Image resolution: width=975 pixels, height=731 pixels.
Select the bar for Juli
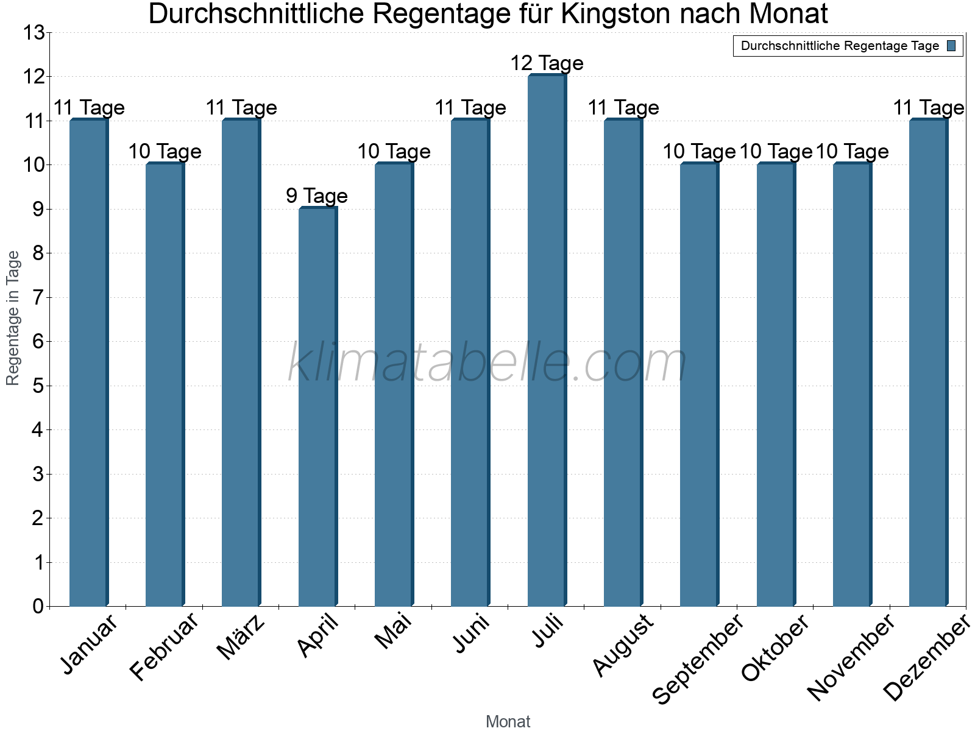tap(547, 341)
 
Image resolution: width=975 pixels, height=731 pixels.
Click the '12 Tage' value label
tap(547, 63)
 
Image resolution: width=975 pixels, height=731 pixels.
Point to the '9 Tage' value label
tap(317, 196)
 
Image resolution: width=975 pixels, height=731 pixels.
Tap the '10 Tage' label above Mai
tap(394, 152)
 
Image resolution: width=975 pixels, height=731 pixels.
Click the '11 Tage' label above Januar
tap(89, 108)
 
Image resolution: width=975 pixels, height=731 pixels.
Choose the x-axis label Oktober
tap(775, 648)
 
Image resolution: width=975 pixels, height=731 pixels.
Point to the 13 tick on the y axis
tap(34, 33)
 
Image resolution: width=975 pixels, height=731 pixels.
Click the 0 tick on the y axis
tap(38, 607)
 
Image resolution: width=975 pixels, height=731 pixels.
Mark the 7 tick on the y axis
tap(38, 298)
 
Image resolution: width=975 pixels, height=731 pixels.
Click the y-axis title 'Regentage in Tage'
tap(13, 318)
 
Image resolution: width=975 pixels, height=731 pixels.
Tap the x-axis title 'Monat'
tap(508, 722)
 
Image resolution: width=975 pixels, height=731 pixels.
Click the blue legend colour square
tap(952, 46)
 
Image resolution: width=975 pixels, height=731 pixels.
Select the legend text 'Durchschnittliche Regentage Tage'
tap(840, 46)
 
